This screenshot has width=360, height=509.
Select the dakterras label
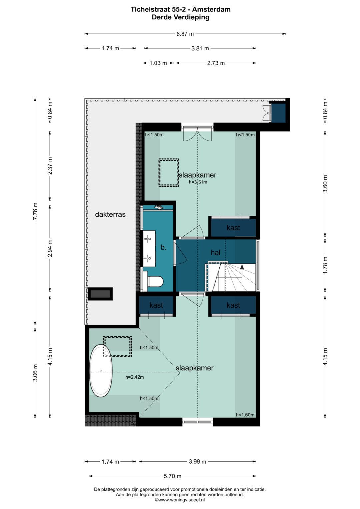click(x=110, y=215)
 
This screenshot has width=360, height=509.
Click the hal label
click(x=215, y=252)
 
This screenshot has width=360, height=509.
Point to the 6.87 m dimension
click(x=185, y=34)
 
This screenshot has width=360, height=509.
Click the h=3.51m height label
click(x=198, y=182)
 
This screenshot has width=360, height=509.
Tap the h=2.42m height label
click(x=135, y=377)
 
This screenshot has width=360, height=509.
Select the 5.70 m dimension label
click(x=173, y=476)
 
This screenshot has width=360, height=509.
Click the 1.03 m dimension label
click(x=158, y=63)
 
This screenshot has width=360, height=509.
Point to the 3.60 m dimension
click(x=325, y=184)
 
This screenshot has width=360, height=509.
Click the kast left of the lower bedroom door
click(x=156, y=305)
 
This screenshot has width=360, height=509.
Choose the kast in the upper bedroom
click(x=233, y=228)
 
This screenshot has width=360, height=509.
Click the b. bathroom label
click(x=163, y=247)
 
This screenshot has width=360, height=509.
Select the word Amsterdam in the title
click(x=211, y=9)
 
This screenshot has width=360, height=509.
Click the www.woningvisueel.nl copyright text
click(x=180, y=500)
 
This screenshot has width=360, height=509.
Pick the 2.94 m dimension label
click(x=50, y=248)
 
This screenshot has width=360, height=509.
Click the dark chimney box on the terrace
click(x=100, y=294)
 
